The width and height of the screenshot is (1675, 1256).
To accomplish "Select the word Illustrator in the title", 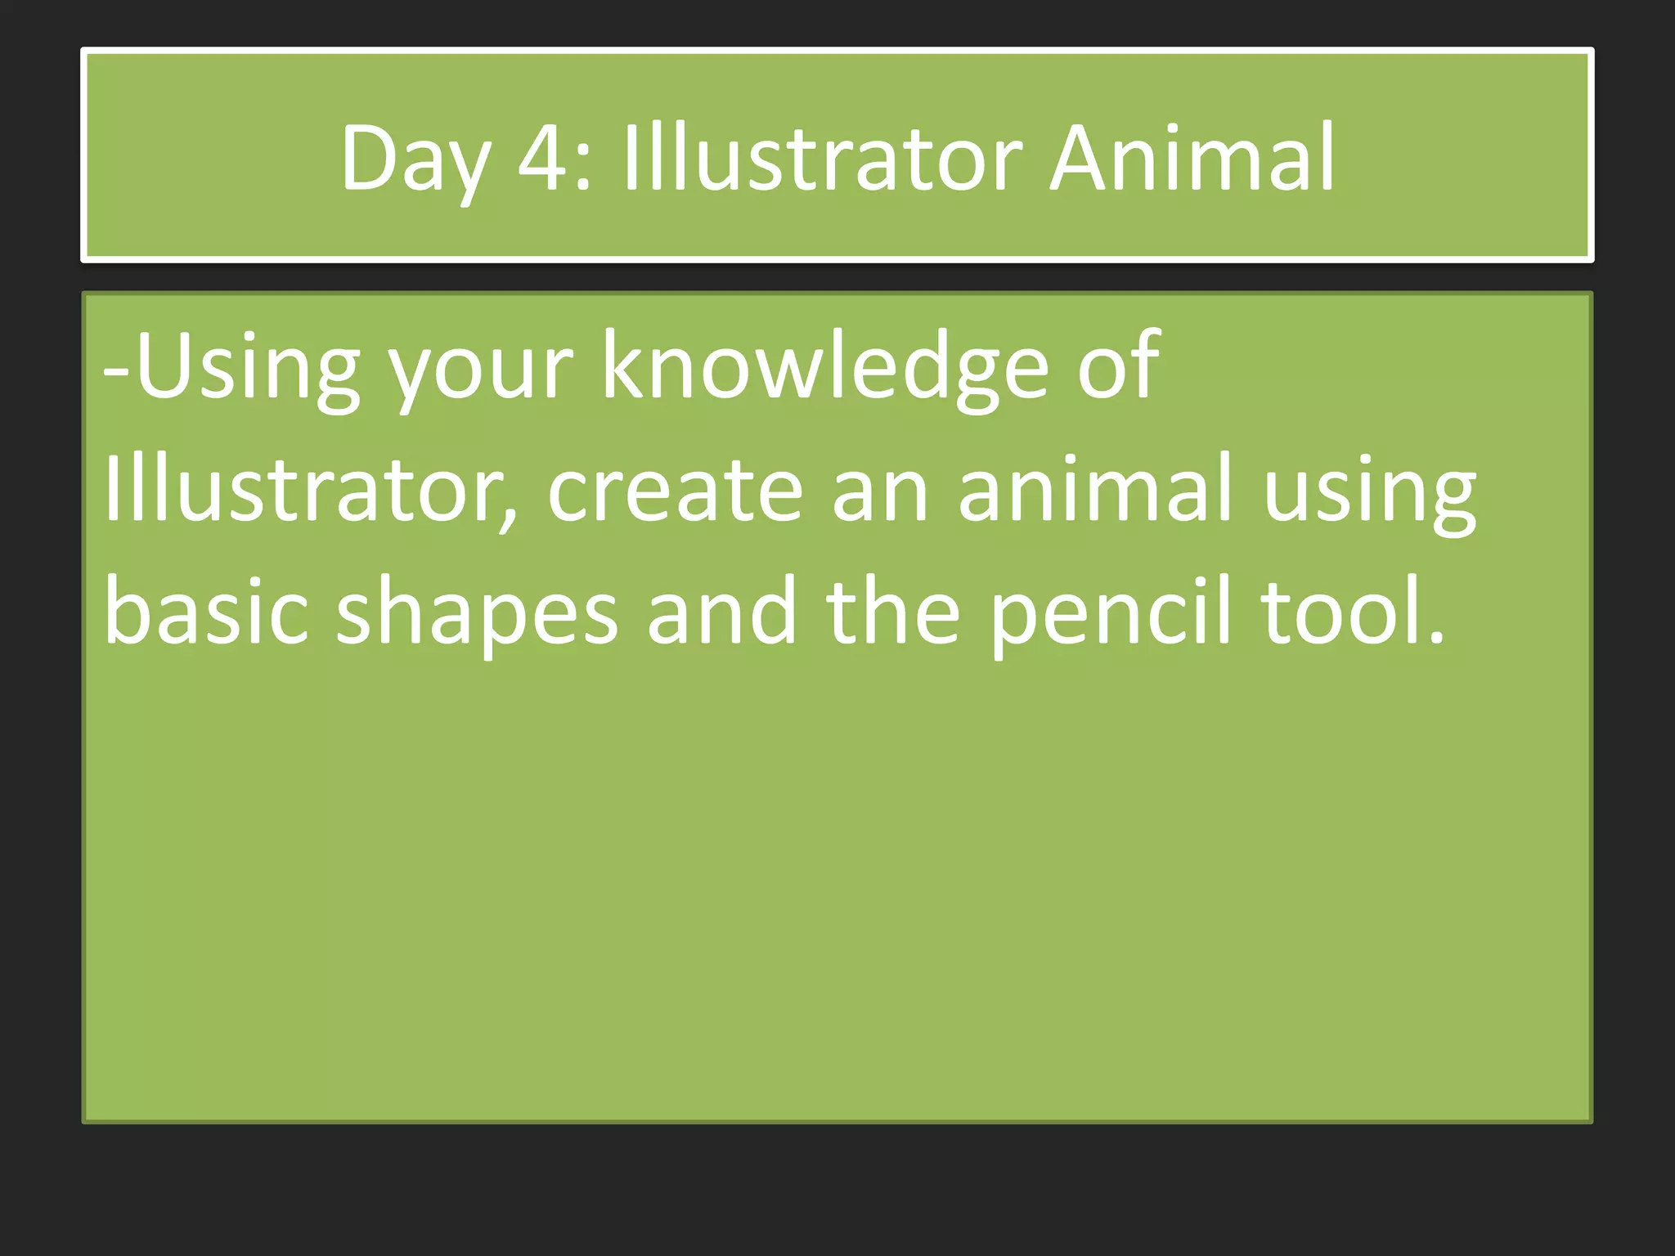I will [x=822, y=157].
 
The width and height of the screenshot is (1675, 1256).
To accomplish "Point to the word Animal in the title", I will [x=1192, y=157].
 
